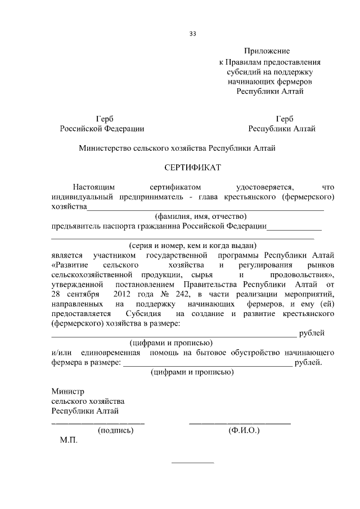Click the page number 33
click(x=192, y=34)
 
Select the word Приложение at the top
click(x=269, y=51)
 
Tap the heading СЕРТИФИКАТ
click(x=192, y=168)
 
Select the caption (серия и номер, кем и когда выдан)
click(x=192, y=245)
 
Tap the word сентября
click(x=80, y=294)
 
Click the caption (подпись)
click(x=115, y=431)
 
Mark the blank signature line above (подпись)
click(x=98, y=422)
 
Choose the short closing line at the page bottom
click(x=192, y=463)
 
